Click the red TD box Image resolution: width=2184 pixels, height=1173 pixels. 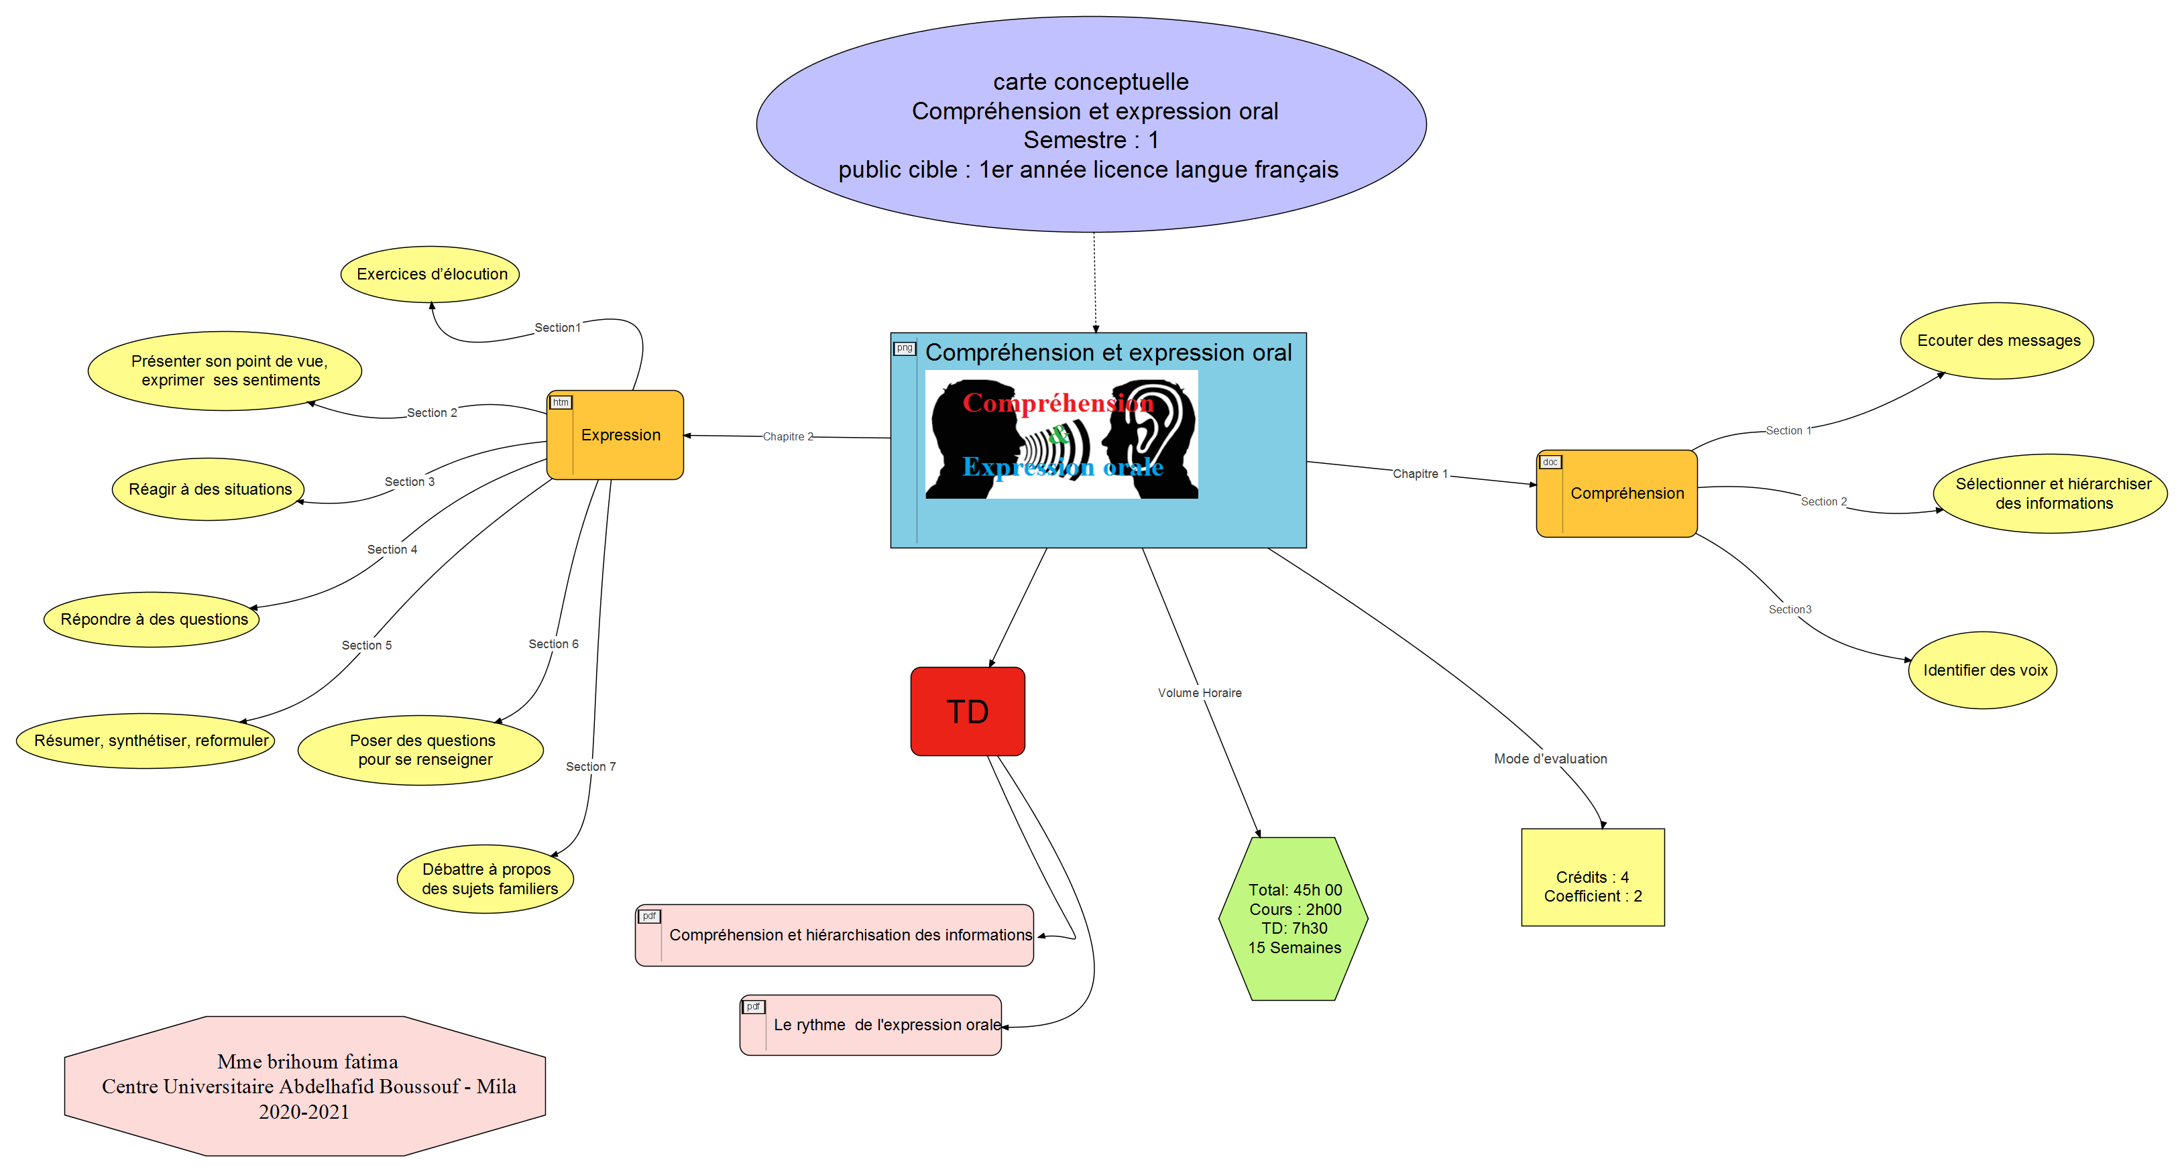(x=968, y=711)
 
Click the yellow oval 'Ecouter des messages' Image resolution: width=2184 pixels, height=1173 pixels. (x=1998, y=341)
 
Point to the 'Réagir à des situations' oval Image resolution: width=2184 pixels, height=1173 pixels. (x=209, y=489)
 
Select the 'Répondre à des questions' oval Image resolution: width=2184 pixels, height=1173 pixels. (x=153, y=619)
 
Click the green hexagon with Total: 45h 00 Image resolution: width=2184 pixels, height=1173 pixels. (x=1294, y=919)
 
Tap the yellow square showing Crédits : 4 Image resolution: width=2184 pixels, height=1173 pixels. (x=1592, y=878)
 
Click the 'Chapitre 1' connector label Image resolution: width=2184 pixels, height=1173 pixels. (x=1420, y=474)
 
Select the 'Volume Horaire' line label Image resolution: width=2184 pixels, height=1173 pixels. (x=1200, y=693)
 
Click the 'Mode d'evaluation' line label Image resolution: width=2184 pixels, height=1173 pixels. (x=1550, y=759)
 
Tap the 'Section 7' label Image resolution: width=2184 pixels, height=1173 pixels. (x=591, y=766)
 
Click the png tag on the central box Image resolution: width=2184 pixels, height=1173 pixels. (x=905, y=347)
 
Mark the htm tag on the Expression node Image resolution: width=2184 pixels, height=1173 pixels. (x=561, y=403)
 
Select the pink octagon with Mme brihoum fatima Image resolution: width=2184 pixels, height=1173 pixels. (x=305, y=1087)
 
